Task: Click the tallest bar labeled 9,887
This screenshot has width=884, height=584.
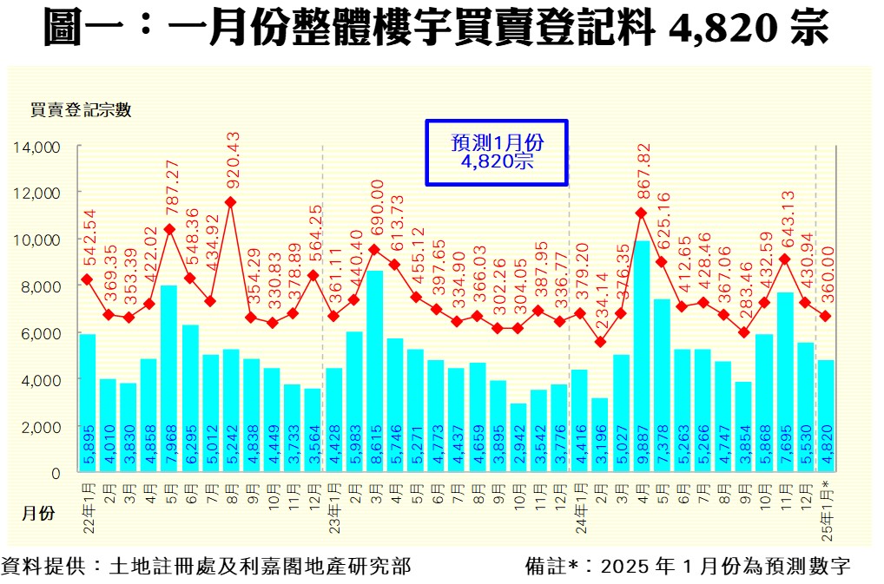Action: click(x=641, y=356)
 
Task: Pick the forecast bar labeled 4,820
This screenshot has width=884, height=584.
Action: click(x=827, y=417)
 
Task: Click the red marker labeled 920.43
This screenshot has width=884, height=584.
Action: click(x=230, y=202)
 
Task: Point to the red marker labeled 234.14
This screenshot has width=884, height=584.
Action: click(x=600, y=342)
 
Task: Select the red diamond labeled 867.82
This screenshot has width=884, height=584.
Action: click(x=641, y=213)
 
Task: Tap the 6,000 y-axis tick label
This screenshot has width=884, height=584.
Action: click(x=41, y=333)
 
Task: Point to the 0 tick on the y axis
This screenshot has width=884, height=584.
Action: click(x=55, y=474)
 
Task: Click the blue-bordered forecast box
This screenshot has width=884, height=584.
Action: click(x=496, y=152)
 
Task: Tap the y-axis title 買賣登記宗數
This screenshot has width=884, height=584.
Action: click(x=80, y=110)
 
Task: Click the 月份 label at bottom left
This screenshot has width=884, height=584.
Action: click(x=38, y=513)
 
